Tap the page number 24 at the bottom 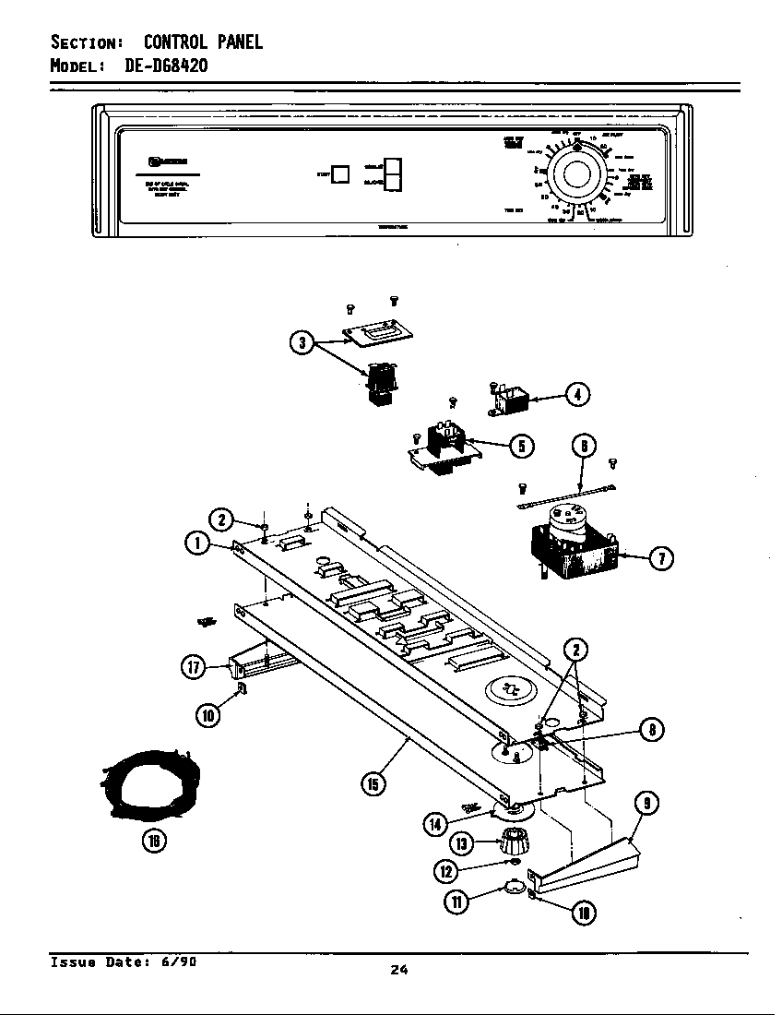[398, 969]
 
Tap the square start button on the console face [340, 174]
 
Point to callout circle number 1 [196, 543]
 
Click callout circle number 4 [577, 394]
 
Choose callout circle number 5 [521, 446]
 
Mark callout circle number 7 [661, 557]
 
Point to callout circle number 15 [372, 785]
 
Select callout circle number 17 [194, 667]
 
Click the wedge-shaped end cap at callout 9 [590, 864]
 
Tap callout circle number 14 [436, 824]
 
